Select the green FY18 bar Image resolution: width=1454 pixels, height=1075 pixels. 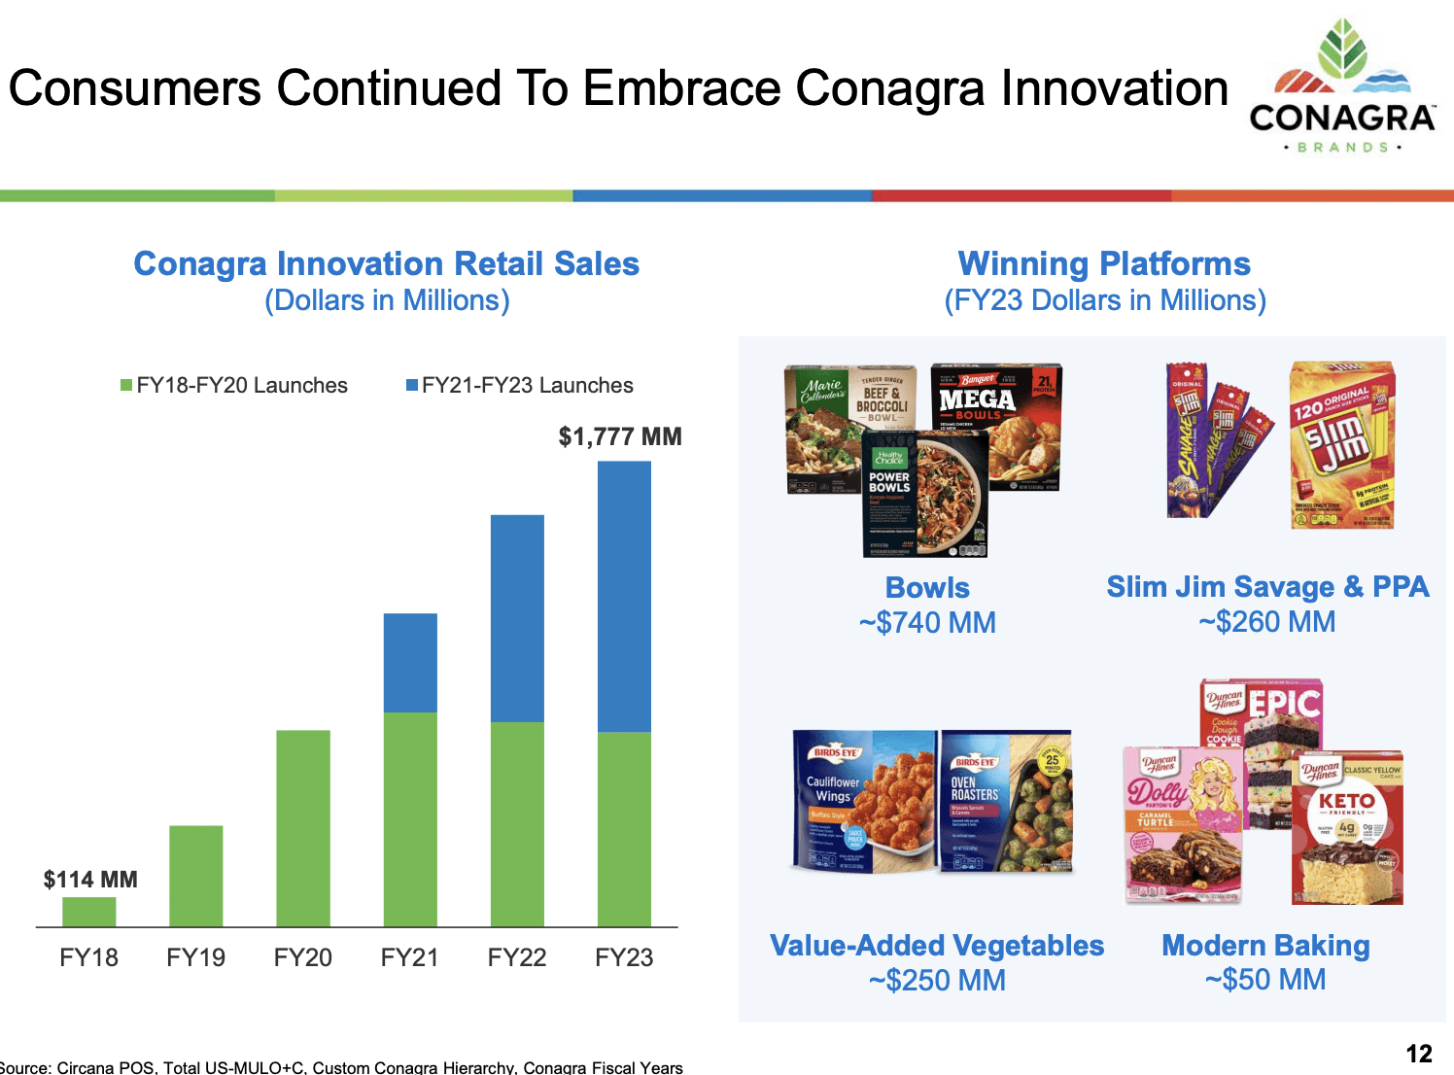pyautogui.click(x=89, y=912)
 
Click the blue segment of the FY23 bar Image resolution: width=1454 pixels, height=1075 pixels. pyautogui.click(x=624, y=595)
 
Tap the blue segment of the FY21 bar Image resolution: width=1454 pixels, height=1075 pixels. pyautogui.click(x=410, y=662)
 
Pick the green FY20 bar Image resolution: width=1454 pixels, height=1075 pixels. pyautogui.click(x=303, y=827)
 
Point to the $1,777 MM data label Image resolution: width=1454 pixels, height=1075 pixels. pyautogui.click(x=620, y=436)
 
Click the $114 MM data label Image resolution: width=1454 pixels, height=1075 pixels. pyautogui.click(x=90, y=880)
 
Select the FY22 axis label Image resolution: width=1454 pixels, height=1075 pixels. pyautogui.click(x=517, y=957)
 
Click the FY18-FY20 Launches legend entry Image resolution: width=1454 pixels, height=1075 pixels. pyautogui.click(x=234, y=386)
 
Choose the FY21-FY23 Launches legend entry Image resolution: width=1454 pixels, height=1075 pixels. pyautogui.click(x=520, y=386)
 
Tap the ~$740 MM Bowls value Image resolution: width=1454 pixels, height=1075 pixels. pyautogui.click(x=927, y=622)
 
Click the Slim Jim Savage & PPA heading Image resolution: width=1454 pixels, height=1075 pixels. pyautogui.click(x=1267, y=586)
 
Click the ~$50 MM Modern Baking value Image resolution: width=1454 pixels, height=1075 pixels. pyautogui.click(x=1265, y=980)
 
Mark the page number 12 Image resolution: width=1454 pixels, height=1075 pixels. pyautogui.click(x=1419, y=1054)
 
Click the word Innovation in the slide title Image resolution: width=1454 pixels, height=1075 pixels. pyautogui.click(x=1115, y=88)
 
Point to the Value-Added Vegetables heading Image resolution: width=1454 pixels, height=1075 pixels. pyautogui.click(x=937, y=946)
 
